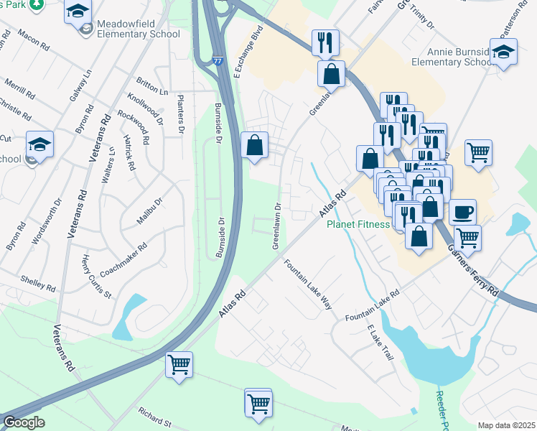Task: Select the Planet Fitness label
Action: (x=358, y=224)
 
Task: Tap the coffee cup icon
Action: (x=462, y=212)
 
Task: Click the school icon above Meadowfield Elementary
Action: (x=78, y=11)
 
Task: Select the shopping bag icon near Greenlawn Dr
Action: (x=254, y=145)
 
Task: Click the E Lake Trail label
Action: (x=380, y=343)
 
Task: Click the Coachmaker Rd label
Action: (x=124, y=259)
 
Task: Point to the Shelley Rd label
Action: (x=38, y=282)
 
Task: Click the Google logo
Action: (x=24, y=422)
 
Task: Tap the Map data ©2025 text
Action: (x=506, y=425)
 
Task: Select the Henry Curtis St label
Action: (x=96, y=276)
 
